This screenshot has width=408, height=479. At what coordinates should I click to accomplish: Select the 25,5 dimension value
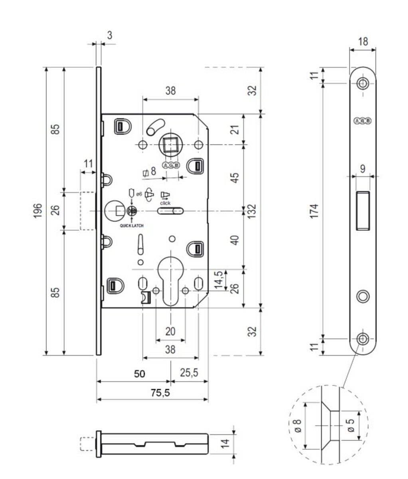click(x=188, y=373)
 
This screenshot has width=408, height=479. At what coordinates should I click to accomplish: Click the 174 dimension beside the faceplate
click(x=315, y=211)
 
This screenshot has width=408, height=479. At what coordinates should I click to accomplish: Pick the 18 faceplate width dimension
click(x=363, y=41)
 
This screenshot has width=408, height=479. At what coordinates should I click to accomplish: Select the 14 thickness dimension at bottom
click(x=226, y=443)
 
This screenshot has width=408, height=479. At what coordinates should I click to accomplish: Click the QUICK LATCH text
click(x=132, y=226)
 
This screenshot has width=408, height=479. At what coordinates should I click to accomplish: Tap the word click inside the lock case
click(x=165, y=203)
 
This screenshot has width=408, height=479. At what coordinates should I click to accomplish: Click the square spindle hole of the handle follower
click(x=170, y=144)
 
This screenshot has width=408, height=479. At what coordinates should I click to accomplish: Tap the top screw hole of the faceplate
click(x=363, y=83)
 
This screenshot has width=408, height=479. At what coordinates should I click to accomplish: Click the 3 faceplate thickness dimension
click(x=109, y=35)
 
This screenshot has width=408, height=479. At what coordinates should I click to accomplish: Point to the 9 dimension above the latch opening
click(x=363, y=168)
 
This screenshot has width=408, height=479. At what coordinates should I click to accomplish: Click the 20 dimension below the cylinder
click(x=170, y=331)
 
